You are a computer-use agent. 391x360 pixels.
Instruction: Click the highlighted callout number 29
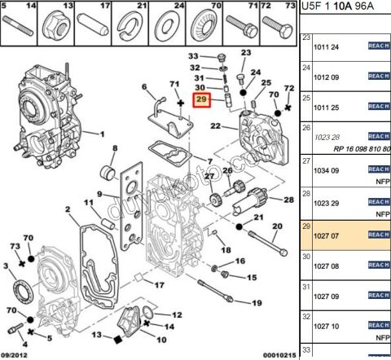[200, 102]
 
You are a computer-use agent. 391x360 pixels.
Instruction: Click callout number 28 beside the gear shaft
[289, 200]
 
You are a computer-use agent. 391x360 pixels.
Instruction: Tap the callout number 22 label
[215, 126]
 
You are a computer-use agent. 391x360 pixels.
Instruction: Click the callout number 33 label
[193, 55]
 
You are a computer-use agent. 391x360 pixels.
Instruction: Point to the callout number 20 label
[277, 226]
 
